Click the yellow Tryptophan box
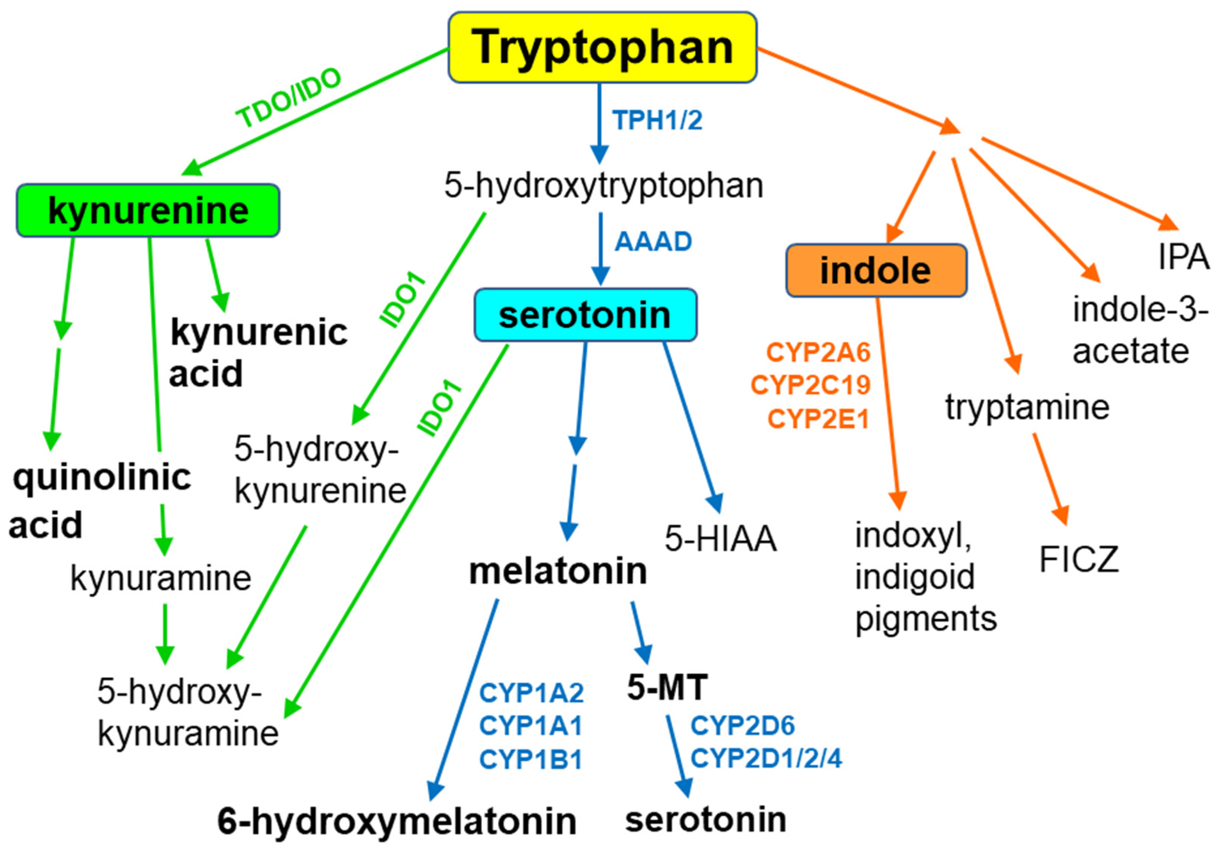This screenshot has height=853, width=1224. [x=602, y=47]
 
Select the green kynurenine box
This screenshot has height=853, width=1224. [x=148, y=210]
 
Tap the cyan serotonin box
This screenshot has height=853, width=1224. [x=585, y=315]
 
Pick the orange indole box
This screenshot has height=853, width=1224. [x=876, y=271]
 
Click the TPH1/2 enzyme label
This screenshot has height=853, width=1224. [x=657, y=120]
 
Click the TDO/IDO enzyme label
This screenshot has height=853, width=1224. [x=288, y=98]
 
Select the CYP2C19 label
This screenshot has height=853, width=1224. [x=810, y=385]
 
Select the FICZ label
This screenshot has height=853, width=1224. [x=1078, y=560]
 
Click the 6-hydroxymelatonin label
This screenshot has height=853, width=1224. [x=397, y=821]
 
